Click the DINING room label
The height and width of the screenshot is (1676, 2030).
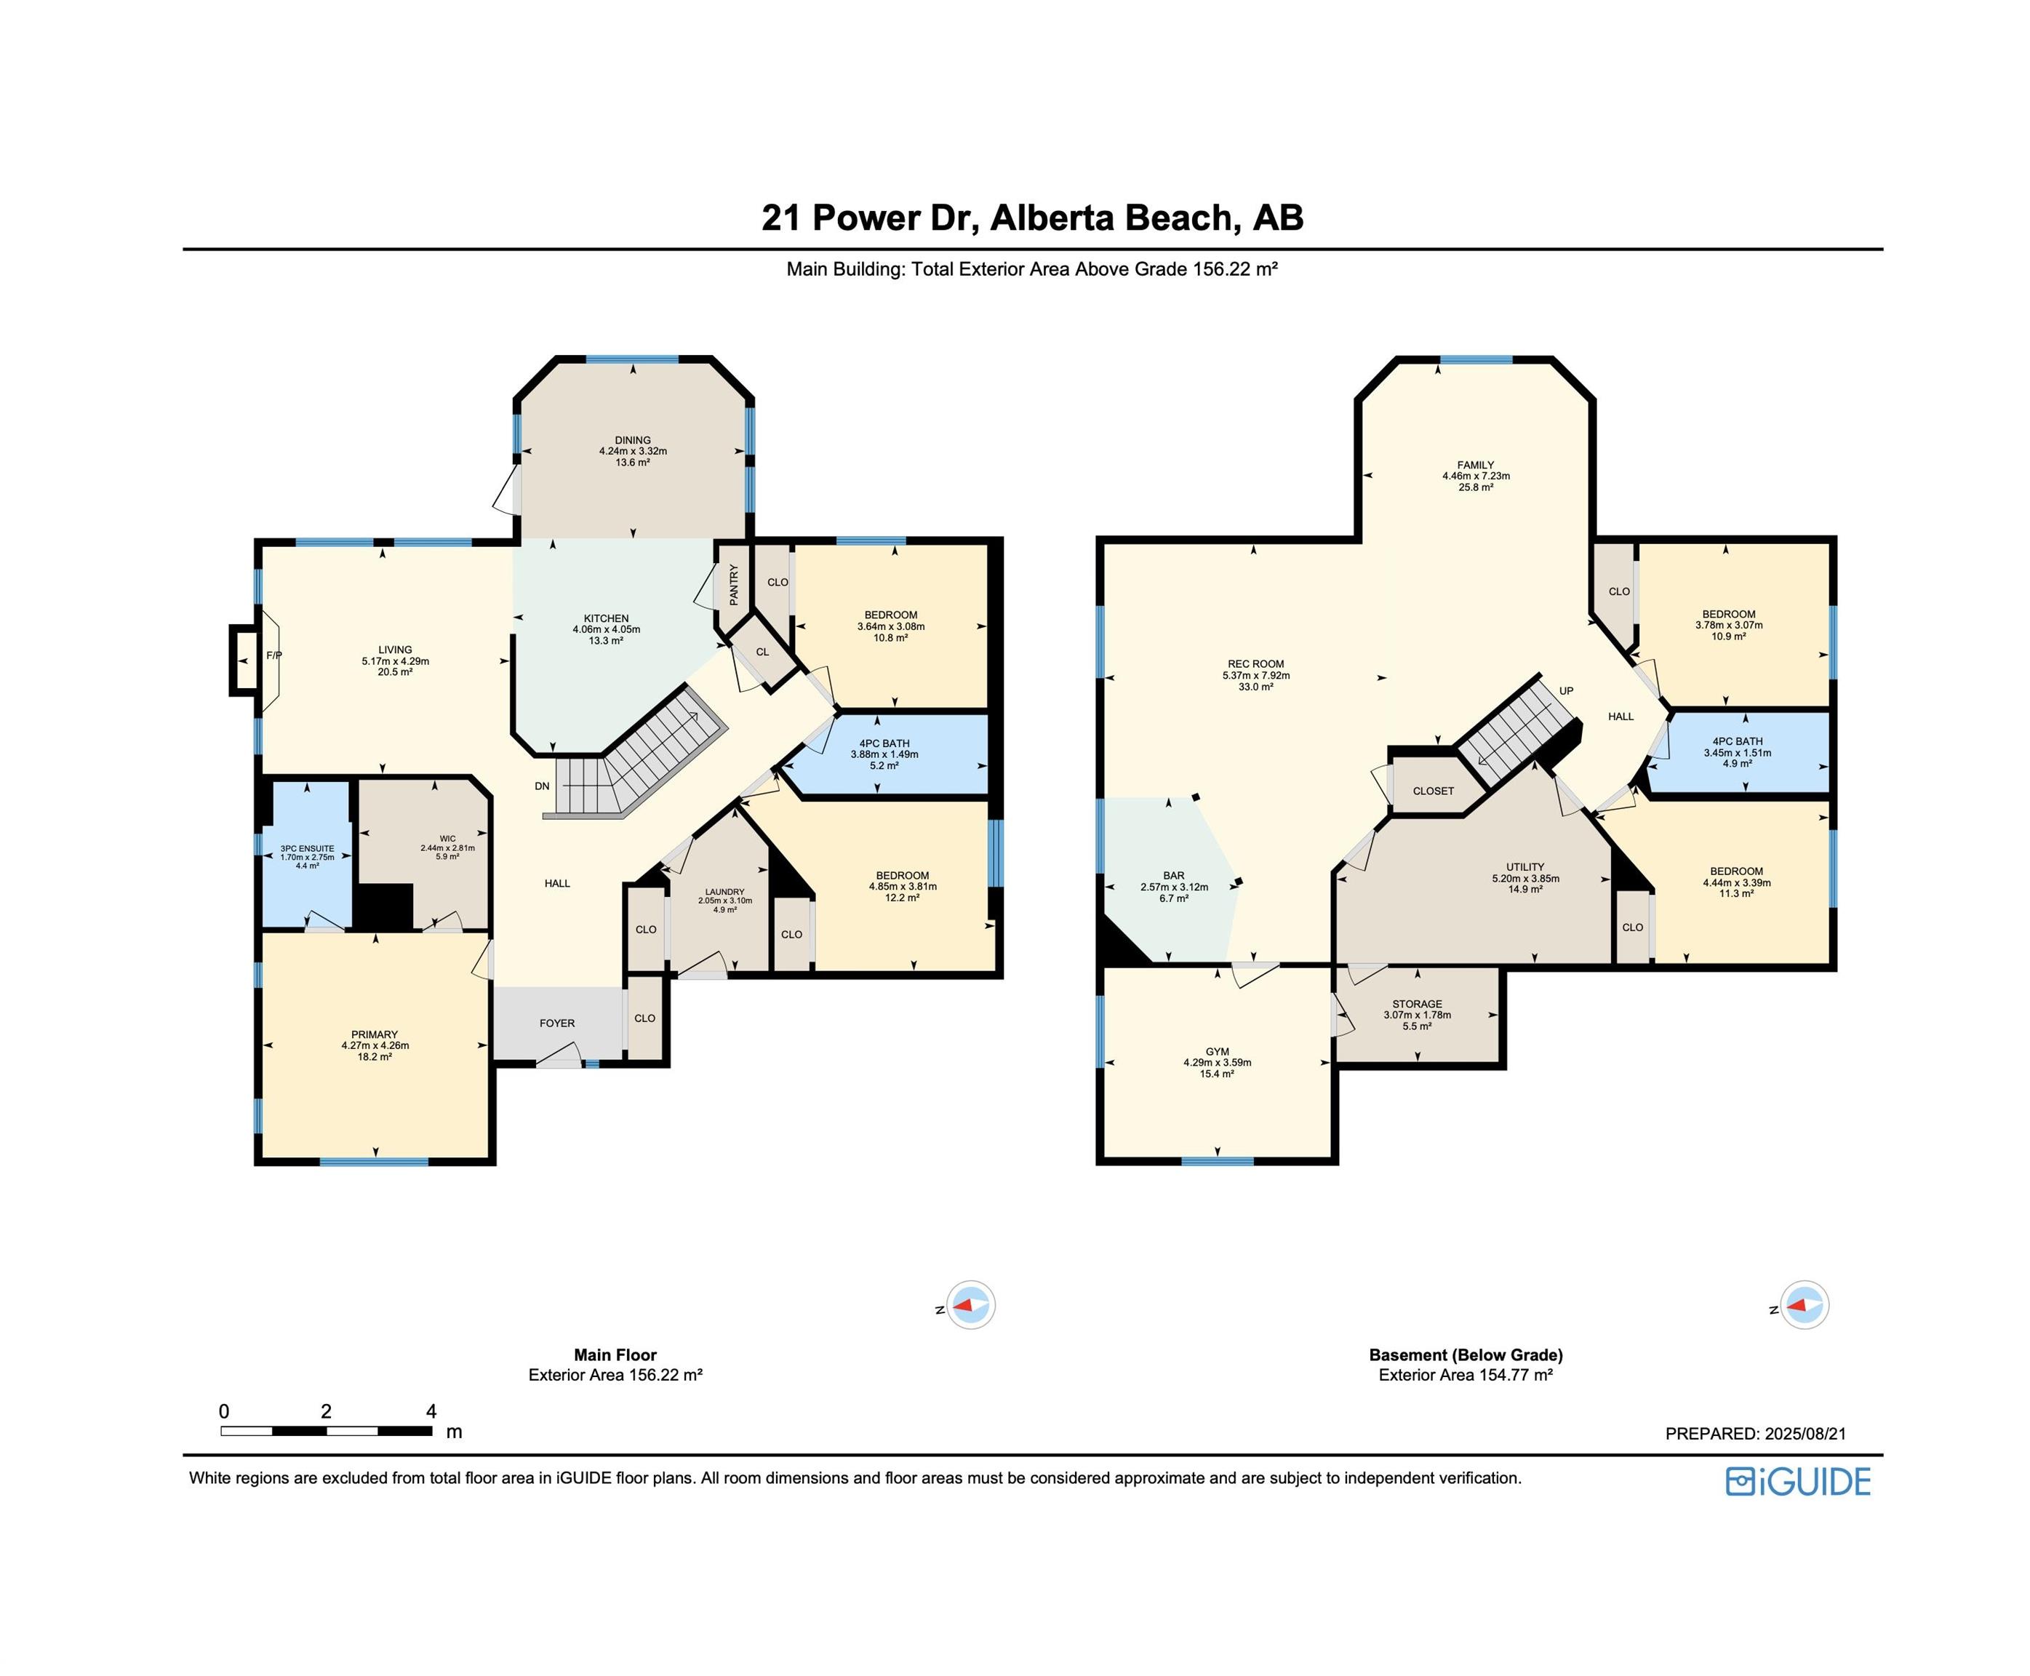(x=632, y=440)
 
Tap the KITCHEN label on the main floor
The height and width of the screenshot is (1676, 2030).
(x=606, y=618)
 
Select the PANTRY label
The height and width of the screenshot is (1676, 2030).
(x=735, y=585)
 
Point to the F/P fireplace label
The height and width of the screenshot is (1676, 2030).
(x=274, y=655)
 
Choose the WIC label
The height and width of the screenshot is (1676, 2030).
(x=447, y=838)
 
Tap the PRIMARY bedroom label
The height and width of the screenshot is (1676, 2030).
(x=375, y=1034)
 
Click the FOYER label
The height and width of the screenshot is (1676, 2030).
(x=557, y=1022)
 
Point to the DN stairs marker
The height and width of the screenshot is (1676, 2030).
(x=543, y=786)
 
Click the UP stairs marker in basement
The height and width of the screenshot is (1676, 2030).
(x=1566, y=690)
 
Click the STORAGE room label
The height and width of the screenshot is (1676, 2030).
(x=1417, y=1004)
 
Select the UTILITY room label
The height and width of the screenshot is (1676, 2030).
(x=1525, y=866)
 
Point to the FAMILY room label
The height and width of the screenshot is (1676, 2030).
(x=1476, y=464)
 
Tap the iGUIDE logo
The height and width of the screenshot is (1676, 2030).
(x=1798, y=1481)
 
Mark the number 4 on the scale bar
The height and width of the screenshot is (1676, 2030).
(x=431, y=1411)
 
